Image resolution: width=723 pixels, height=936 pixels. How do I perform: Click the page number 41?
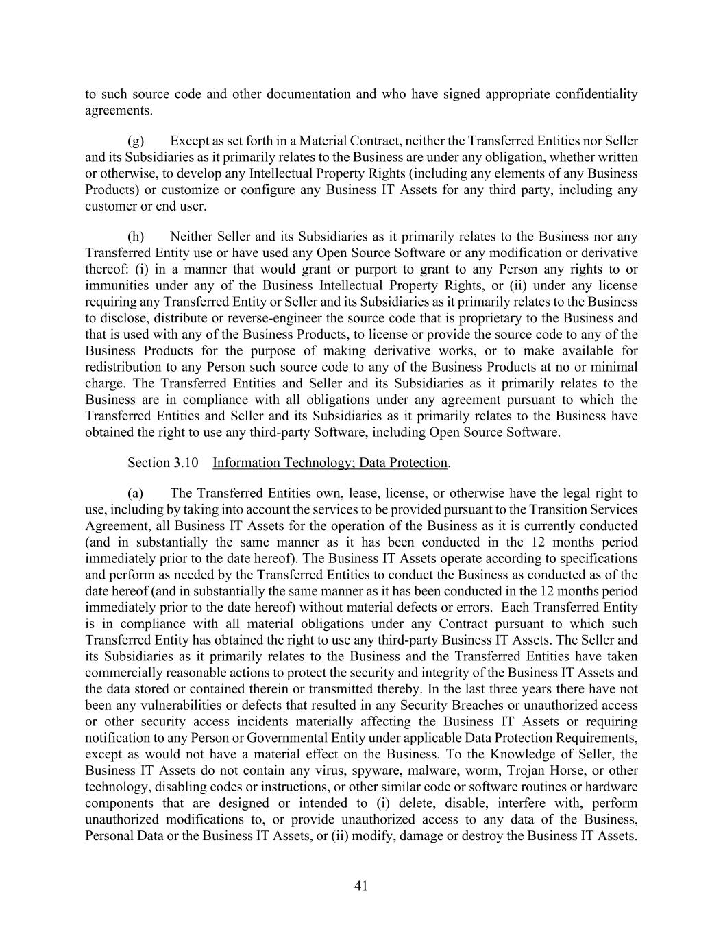click(x=361, y=886)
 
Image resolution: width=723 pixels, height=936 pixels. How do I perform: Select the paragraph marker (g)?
click(x=136, y=141)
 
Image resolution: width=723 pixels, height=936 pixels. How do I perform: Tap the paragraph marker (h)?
click(x=136, y=237)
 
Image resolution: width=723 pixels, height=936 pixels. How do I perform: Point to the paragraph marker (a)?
click(x=136, y=494)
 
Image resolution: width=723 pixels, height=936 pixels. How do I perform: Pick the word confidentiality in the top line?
click(x=595, y=94)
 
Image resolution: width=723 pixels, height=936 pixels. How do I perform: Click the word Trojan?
click(x=526, y=771)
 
